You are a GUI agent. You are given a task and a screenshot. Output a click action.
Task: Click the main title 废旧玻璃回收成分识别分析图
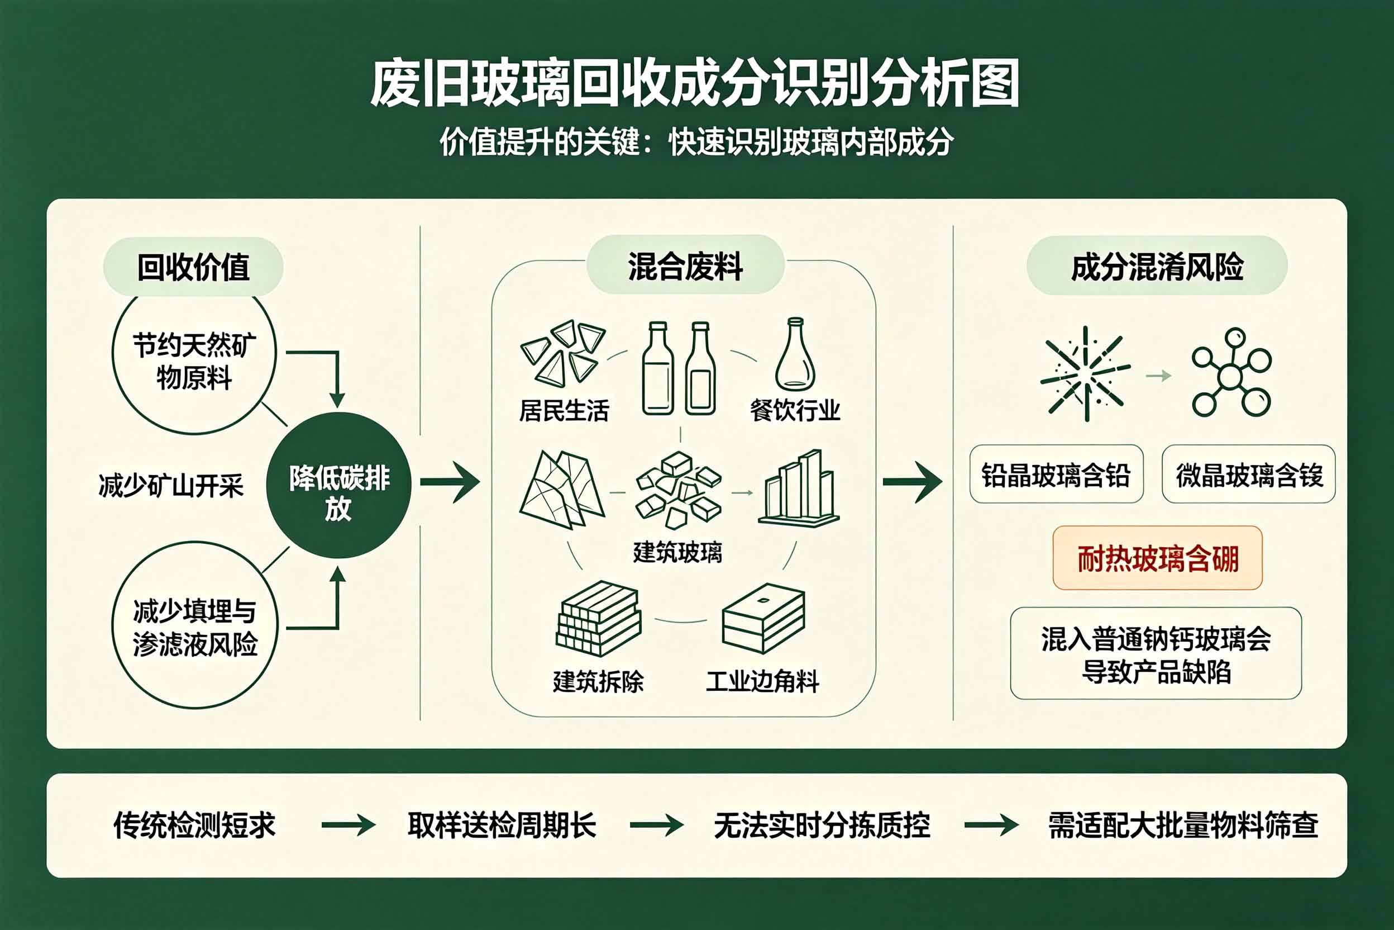tap(695, 84)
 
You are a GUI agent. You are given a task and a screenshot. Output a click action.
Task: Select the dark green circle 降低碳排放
tap(338, 485)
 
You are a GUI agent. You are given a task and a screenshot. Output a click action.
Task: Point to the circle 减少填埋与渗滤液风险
tap(194, 625)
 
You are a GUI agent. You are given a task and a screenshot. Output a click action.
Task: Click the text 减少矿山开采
tap(171, 486)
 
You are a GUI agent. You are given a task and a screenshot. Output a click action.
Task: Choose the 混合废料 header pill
tap(685, 265)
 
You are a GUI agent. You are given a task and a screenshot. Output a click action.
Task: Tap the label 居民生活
tap(564, 410)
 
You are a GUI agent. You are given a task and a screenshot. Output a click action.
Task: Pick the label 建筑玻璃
tap(677, 552)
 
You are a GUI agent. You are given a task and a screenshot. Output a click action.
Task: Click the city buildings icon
tap(798, 488)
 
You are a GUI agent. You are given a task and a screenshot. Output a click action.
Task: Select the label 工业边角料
tap(762, 681)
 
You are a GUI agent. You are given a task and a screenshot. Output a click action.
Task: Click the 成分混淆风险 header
tap(1157, 265)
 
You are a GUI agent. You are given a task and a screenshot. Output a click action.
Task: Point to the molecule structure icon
tap(1231, 372)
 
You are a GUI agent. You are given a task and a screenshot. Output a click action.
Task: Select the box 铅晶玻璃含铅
tap(1056, 474)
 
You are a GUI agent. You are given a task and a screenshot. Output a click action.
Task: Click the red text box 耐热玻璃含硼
tap(1158, 558)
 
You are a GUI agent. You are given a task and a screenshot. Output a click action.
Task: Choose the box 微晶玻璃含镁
tap(1249, 474)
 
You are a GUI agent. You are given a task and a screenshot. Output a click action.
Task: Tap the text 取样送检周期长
tap(502, 825)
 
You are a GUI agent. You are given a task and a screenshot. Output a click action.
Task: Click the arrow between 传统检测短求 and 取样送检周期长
tap(348, 825)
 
